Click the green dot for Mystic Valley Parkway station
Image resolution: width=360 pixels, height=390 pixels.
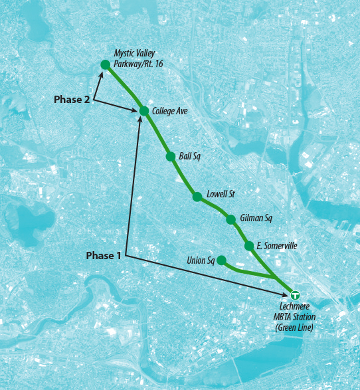[105, 64]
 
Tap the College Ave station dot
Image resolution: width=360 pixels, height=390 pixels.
[143, 111]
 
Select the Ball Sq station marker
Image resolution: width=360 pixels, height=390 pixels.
[171, 157]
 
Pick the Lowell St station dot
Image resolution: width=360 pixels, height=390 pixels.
[197, 196]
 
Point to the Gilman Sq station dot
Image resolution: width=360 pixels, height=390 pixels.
[230, 219]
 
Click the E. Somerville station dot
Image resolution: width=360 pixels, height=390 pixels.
[249, 246]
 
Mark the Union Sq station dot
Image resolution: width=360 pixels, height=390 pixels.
[221, 260]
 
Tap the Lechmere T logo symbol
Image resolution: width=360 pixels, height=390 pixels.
[295, 294]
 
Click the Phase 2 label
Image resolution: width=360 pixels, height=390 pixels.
[72, 99]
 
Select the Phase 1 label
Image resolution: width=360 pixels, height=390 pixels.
[105, 255]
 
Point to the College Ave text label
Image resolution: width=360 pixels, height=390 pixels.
[170, 112]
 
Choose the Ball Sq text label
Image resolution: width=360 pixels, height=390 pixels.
[189, 157]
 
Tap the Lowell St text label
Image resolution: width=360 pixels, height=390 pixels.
[221, 194]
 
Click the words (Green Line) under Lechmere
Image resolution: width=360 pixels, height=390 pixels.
[294, 328]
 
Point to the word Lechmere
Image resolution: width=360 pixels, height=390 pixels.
[293, 308]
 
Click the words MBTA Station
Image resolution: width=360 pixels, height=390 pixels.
[294, 318]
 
